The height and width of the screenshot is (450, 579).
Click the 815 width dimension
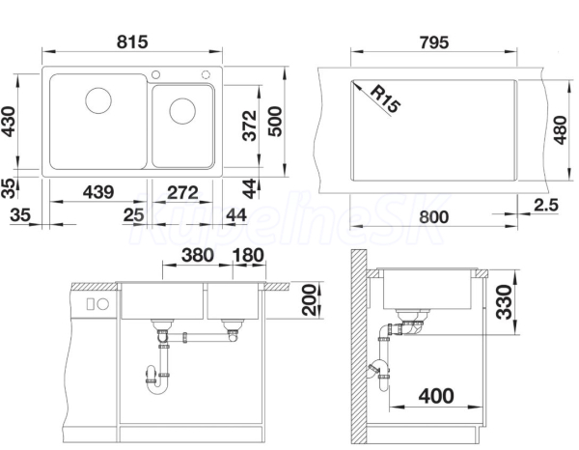tap(132, 42)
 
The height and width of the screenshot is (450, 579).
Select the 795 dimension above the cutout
tap(434, 42)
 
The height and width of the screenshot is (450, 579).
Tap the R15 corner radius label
tap(385, 98)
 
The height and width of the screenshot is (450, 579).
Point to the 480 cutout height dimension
tap(561, 130)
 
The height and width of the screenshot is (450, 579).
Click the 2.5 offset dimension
tap(546, 205)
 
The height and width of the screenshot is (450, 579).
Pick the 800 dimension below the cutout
tap(434, 217)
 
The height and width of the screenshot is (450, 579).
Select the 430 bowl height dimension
tap(9, 122)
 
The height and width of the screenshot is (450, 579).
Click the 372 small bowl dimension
tap(250, 126)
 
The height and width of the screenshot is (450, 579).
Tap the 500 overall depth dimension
tap(275, 121)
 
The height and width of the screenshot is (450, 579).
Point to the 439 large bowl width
tap(98, 192)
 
